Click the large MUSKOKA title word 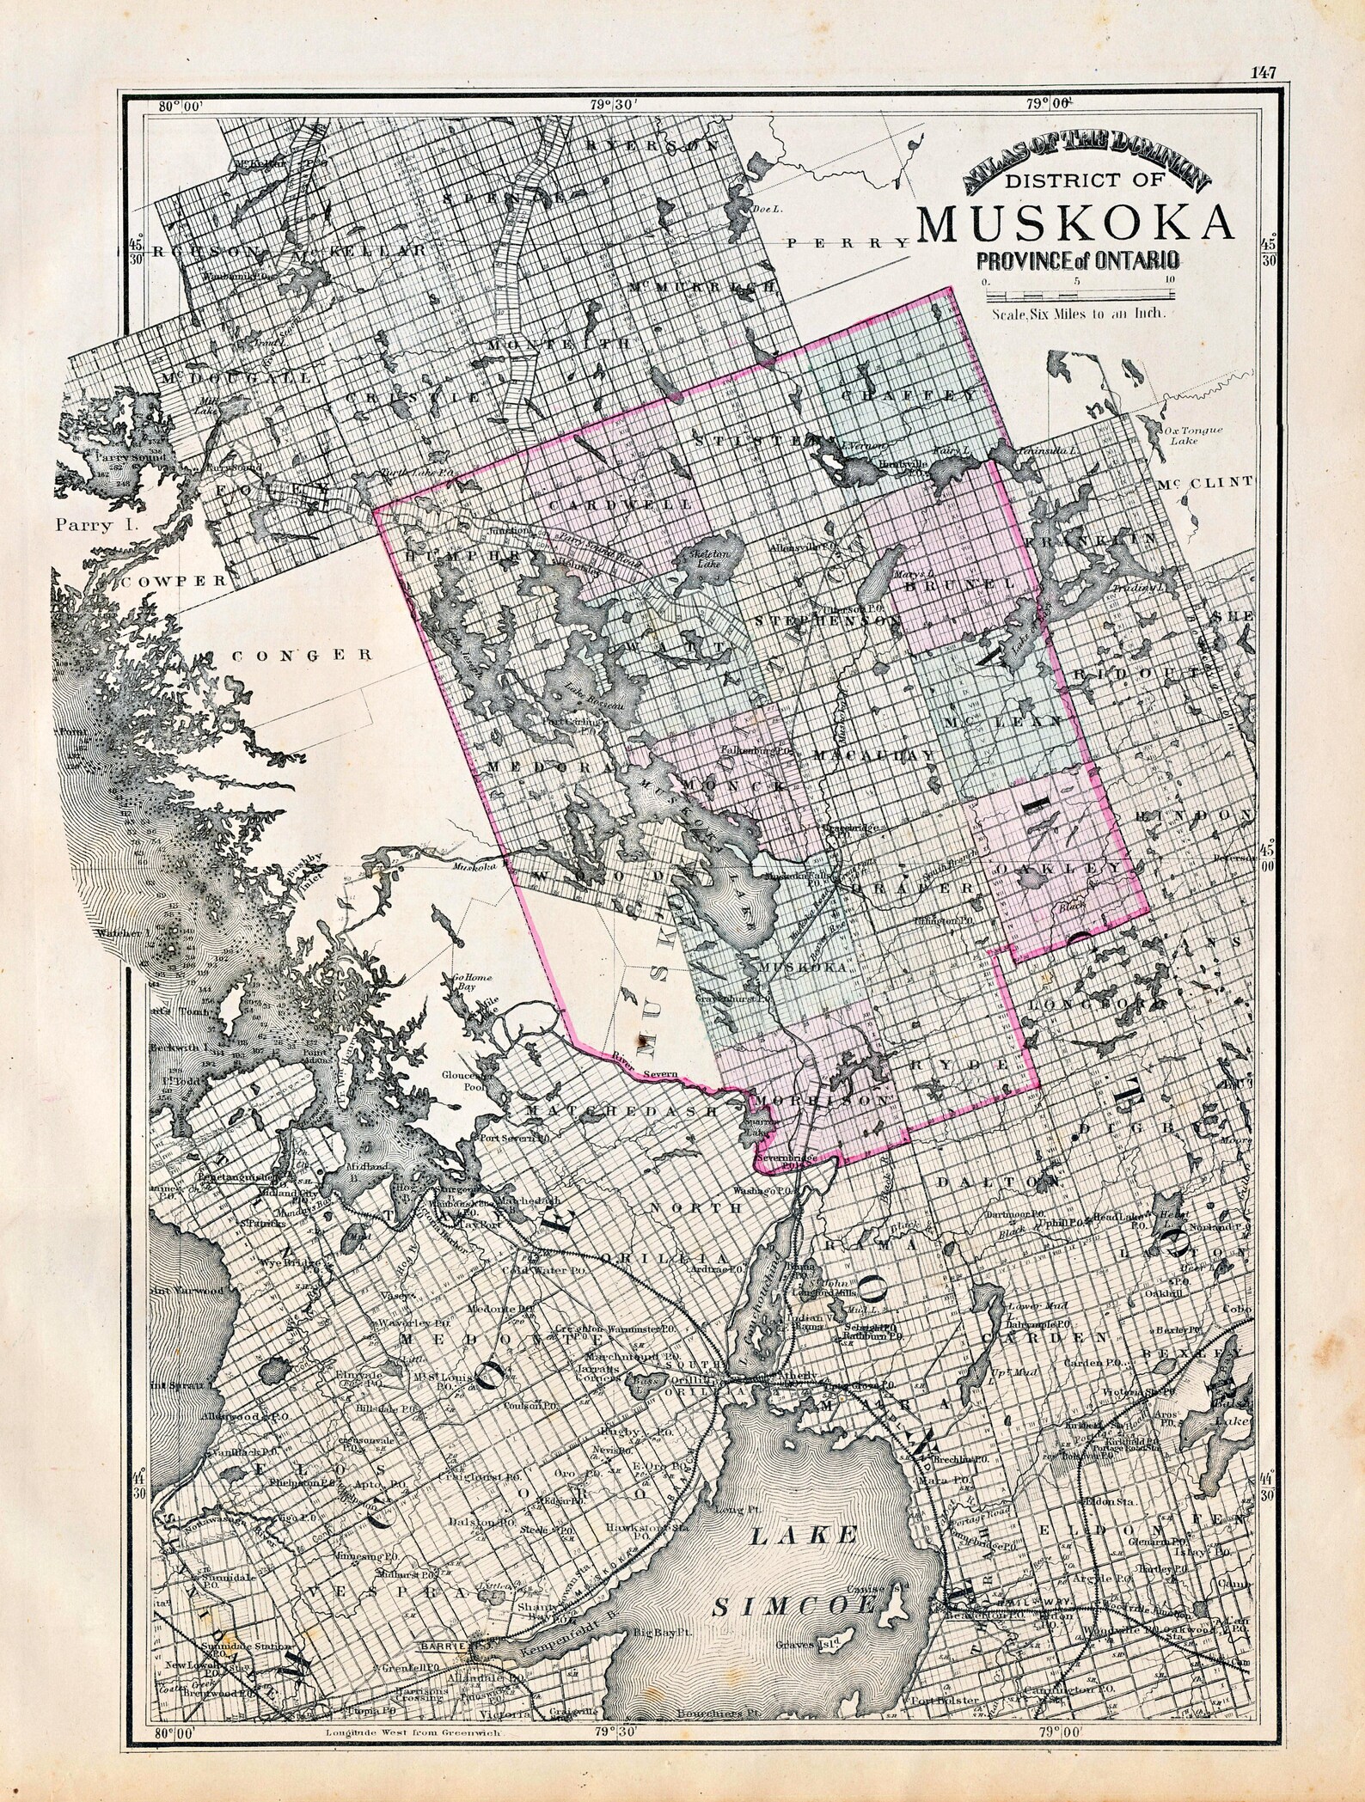pos(1078,224)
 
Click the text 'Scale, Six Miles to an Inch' pos(1078,314)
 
